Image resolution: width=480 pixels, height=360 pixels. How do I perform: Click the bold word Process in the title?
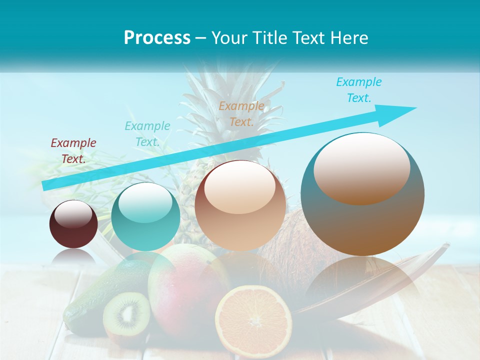(157, 38)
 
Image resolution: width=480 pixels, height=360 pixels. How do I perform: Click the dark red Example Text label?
(73, 151)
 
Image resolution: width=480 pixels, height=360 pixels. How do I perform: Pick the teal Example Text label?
(147, 134)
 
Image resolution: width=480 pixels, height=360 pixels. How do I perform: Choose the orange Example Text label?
(241, 113)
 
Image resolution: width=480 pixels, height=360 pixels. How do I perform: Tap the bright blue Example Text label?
(358, 90)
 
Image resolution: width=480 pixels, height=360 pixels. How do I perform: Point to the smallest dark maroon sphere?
(73, 224)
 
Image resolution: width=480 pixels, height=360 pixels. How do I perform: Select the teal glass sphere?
(145, 217)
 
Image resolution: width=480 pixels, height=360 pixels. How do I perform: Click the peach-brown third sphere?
(240, 205)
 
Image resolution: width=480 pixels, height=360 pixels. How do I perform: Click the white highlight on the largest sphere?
(361, 167)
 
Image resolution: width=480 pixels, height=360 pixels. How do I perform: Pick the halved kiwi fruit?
(126, 313)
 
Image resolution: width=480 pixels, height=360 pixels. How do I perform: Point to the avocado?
(87, 300)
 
